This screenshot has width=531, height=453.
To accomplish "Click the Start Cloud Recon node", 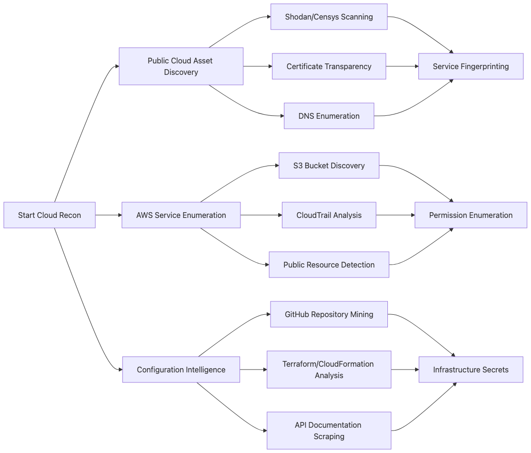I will tap(50, 215).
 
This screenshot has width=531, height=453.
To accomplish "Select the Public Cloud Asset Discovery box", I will tap(181, 66).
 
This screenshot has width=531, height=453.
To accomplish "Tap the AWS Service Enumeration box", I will tap(181, 215).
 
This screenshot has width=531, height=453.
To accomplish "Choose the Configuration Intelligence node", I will tap(181, 370).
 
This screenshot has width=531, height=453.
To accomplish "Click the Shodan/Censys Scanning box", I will tap(329, 17).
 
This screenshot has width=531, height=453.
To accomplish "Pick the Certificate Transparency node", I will tap(329, 66).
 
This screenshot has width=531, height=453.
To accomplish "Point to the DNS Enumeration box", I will tap(329, 116).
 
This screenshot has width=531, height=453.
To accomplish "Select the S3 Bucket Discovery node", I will tap(329, 165).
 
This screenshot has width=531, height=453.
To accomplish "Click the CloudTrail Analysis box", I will tap(329, 215).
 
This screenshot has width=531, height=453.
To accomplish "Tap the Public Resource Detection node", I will tap(329, 265).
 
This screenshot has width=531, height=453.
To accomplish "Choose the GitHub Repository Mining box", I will tap(329, 314).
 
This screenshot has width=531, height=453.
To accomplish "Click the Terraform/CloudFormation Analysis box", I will tap(329, 370).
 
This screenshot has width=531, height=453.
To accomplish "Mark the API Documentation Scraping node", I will tap(329, 431).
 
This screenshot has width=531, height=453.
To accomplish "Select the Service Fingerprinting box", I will tap(470, 66).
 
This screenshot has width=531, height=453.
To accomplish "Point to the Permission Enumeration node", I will tap(470, 215).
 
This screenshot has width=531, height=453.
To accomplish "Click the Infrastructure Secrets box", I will tap(470, 370).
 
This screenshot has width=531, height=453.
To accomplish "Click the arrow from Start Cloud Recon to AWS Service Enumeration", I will tap(109, 215).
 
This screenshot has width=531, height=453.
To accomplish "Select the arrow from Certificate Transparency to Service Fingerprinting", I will tap(402, 66).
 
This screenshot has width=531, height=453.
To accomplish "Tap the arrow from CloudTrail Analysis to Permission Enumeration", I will tap(395, 215).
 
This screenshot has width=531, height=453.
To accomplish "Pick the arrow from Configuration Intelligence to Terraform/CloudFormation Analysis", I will tap(253, 370).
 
